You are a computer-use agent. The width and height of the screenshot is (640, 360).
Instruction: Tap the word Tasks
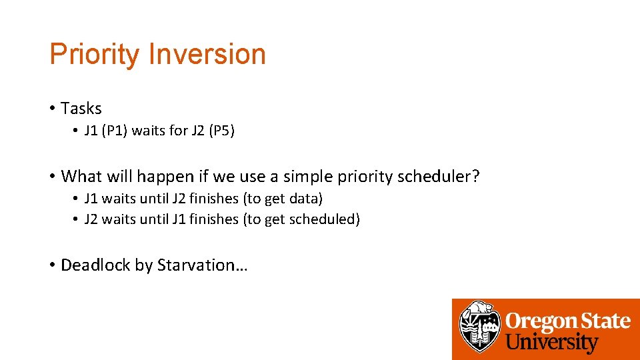[81, 108]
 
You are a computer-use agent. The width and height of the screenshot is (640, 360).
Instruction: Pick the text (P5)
[221, 131]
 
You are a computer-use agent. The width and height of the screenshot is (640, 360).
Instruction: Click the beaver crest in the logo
[479, 327]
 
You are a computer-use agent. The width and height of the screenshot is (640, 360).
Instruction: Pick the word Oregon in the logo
[541, 321]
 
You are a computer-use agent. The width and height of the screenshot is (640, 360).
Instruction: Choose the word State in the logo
[604, 321]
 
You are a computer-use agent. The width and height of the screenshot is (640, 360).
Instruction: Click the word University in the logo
[552, 343]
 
